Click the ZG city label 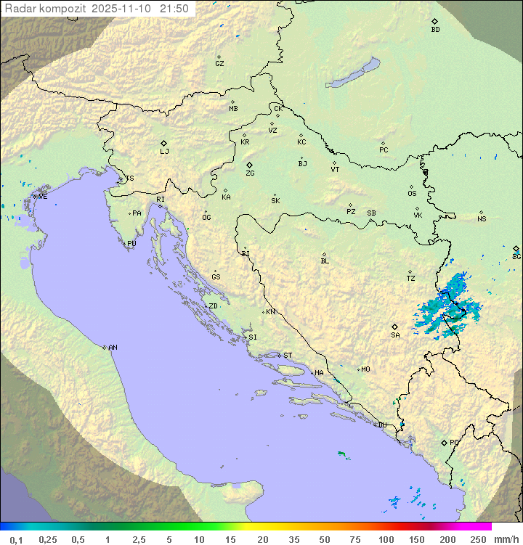point(250,173)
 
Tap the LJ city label point(164,152)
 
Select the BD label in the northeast point(435,30)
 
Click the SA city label point(395,335)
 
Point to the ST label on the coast point(288,356)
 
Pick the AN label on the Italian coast point(113,348)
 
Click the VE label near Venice point(43,197)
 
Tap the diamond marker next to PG point(444,442)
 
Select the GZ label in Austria point(219,64)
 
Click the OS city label point(412,194)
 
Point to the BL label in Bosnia point(325,261)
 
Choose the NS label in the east point(482,219)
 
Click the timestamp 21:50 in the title point(174,9)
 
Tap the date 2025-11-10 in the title point(123,9)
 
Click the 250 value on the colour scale point(478,539)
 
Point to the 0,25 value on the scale point(48,539)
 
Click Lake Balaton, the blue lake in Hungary point(353,73)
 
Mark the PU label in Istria point(131,244)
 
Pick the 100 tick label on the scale point(386,539)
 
